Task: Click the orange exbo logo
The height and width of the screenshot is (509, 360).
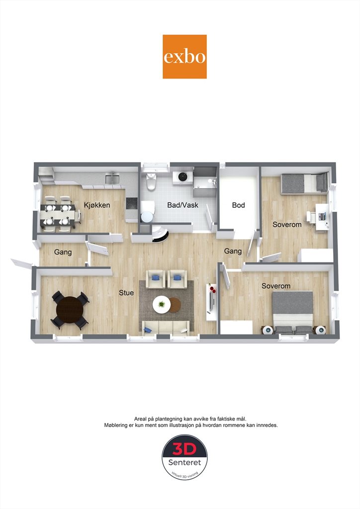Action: click(184, 57)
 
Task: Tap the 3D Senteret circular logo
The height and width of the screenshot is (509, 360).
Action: click(184, 457)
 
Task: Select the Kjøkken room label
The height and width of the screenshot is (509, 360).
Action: click(97, 205)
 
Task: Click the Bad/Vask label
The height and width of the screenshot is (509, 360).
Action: click(182, 205)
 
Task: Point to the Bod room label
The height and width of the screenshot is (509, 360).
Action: click(238, 205)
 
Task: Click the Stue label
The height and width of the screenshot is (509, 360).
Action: click(126, 293)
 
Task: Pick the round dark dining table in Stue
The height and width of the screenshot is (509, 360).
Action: click(70, 310)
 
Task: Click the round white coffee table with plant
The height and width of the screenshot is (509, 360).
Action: click(161, 305)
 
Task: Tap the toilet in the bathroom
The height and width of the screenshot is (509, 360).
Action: click(151, 182)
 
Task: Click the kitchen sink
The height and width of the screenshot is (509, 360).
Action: click(112, 179)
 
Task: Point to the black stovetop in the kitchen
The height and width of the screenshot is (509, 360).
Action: click(131, 203)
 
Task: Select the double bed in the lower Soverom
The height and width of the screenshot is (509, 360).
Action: click(293, 312)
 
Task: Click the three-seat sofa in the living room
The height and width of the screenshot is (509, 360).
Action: click(166, 328)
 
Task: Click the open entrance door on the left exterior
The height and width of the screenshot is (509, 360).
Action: click(21, 263)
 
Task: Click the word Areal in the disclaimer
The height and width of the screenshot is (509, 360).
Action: click(141, 419)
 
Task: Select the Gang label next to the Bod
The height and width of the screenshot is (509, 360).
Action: click(233, 251)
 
